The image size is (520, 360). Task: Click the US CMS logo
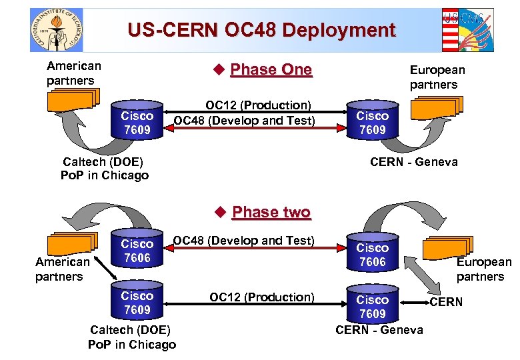coord(468,30)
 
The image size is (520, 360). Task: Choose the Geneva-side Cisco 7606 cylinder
coord(373,254)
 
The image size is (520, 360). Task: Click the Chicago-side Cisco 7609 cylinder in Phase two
coord(137,302)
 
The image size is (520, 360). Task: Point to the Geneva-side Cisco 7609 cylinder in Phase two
coord(373,305)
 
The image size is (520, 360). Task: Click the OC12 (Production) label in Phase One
coord(259,105)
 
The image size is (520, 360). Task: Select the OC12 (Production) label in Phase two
coord(262,297)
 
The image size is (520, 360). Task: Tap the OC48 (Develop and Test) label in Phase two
coord(244,240)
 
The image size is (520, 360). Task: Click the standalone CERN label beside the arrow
coord(446,302)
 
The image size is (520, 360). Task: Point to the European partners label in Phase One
coord(437,77)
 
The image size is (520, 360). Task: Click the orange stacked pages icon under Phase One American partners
coord(72,100)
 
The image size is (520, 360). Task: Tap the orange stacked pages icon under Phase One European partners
coord(437,107)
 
